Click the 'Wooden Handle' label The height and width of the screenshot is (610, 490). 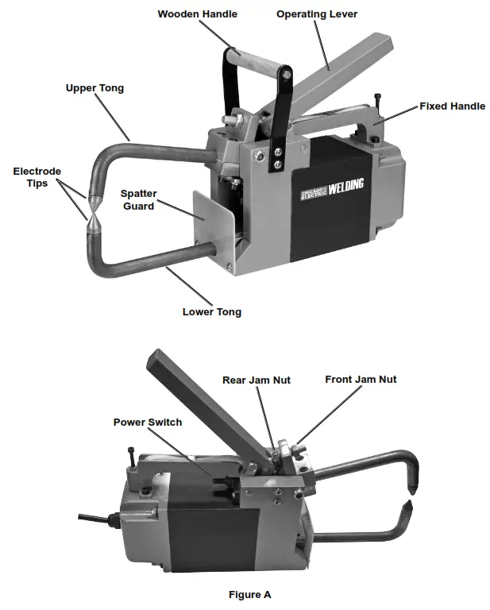197,14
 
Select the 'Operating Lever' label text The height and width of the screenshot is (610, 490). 317,14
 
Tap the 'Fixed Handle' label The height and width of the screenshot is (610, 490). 452,106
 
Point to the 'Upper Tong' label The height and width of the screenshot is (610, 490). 95,87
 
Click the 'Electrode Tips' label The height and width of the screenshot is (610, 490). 37,177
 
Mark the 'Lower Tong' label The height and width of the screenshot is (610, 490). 211,311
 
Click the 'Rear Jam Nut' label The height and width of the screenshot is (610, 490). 256,380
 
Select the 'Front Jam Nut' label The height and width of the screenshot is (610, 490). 361,379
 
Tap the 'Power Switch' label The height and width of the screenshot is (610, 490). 147,422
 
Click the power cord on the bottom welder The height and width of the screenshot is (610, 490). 95,521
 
